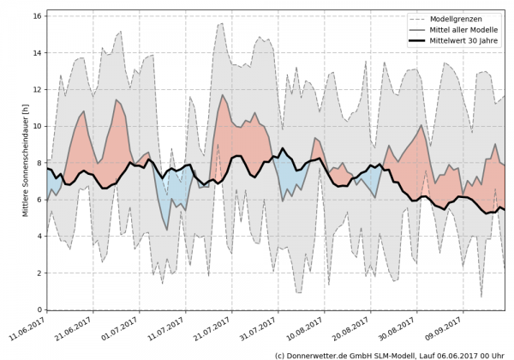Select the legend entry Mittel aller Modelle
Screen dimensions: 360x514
coord(463,30)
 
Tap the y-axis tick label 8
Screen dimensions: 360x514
coord(39,162)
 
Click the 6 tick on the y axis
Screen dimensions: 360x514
coord(39,199)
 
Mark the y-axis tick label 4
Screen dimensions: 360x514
coord(39,236)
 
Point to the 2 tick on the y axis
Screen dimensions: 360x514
coord(39,273)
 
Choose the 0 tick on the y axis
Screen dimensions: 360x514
coord(39,309)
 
